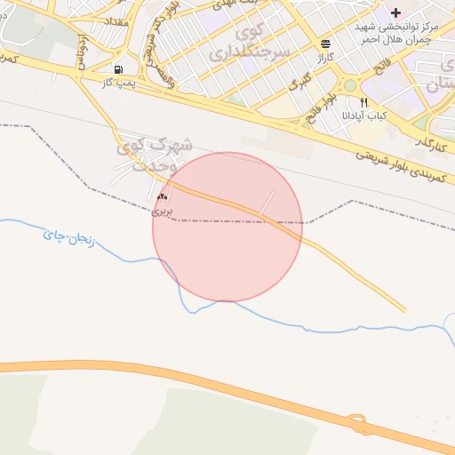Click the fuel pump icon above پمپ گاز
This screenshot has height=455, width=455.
(118, 69)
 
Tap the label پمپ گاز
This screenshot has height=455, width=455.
(118, 82)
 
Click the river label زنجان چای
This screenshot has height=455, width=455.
(68, 238)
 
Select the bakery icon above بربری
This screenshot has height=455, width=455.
(162, 196)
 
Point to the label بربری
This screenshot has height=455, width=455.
(162, 211)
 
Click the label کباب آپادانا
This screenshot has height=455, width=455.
(364, 116)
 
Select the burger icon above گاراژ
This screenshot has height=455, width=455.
(326, 43)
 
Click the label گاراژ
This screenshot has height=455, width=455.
(325, 56)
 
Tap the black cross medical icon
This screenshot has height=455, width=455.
(395, 12)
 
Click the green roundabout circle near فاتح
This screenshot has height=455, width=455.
(350, 85)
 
